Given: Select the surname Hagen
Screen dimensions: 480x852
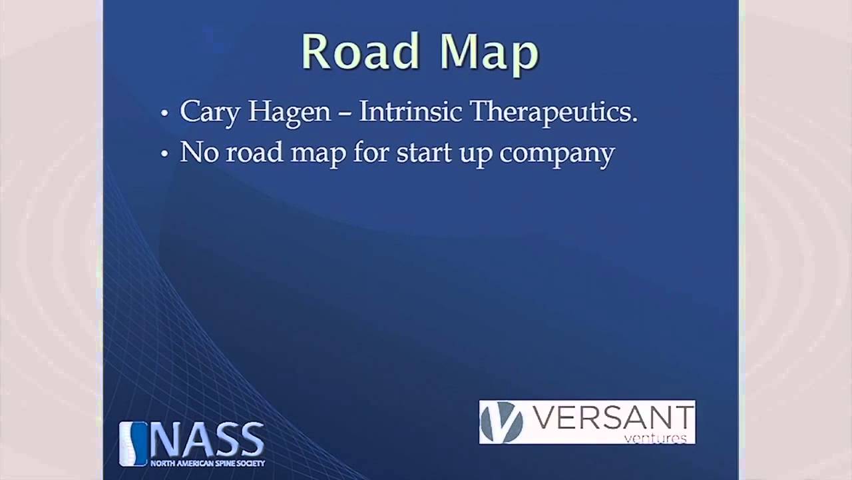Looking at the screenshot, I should [290, 112].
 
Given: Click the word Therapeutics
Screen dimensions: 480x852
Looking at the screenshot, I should [554, 112].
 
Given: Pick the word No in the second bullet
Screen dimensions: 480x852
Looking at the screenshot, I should [199, 153].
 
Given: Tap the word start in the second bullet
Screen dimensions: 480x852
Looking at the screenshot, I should [421, 153].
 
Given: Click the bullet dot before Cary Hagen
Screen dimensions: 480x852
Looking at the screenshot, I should [165, 114].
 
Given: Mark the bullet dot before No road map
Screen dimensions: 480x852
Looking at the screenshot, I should [165, 155].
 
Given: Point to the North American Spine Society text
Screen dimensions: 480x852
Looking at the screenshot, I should [207, 463].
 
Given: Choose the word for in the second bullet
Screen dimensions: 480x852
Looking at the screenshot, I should [371, 153].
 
